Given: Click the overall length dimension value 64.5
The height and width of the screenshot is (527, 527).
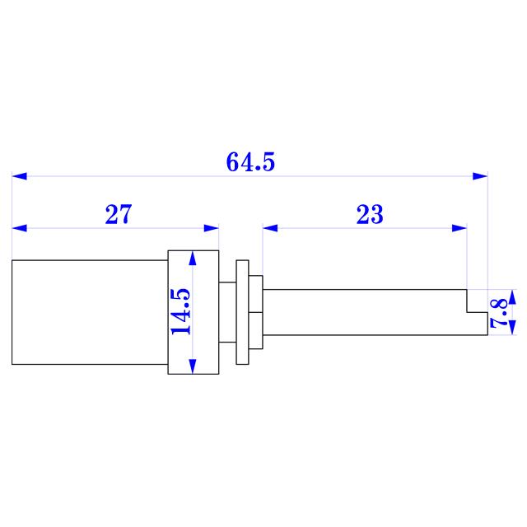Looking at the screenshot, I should [x=250, y=163].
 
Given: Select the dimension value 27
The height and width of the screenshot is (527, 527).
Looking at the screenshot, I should [x=118, y=216].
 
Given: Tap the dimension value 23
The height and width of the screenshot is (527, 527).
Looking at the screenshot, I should [x=370, y=216].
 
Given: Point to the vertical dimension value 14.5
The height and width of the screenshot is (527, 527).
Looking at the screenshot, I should [x=180, y=311].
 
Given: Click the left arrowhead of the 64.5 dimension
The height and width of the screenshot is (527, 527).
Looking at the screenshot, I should [x=19, y=176].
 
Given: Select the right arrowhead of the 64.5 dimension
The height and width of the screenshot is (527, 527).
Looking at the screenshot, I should [x=480, y=176].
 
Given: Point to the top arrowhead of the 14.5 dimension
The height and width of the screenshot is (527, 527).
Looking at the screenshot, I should [x=194, y=257].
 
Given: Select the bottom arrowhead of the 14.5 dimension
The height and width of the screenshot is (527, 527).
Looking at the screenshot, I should [x=194, y=366].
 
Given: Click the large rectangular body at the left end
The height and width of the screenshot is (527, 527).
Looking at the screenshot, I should [x=89, y=312].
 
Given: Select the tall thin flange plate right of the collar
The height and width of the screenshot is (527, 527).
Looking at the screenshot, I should [x=242, y=312].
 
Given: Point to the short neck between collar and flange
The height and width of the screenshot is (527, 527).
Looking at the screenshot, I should [x=227, y=312].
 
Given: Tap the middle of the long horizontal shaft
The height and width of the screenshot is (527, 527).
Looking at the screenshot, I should [x=362, y=312].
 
